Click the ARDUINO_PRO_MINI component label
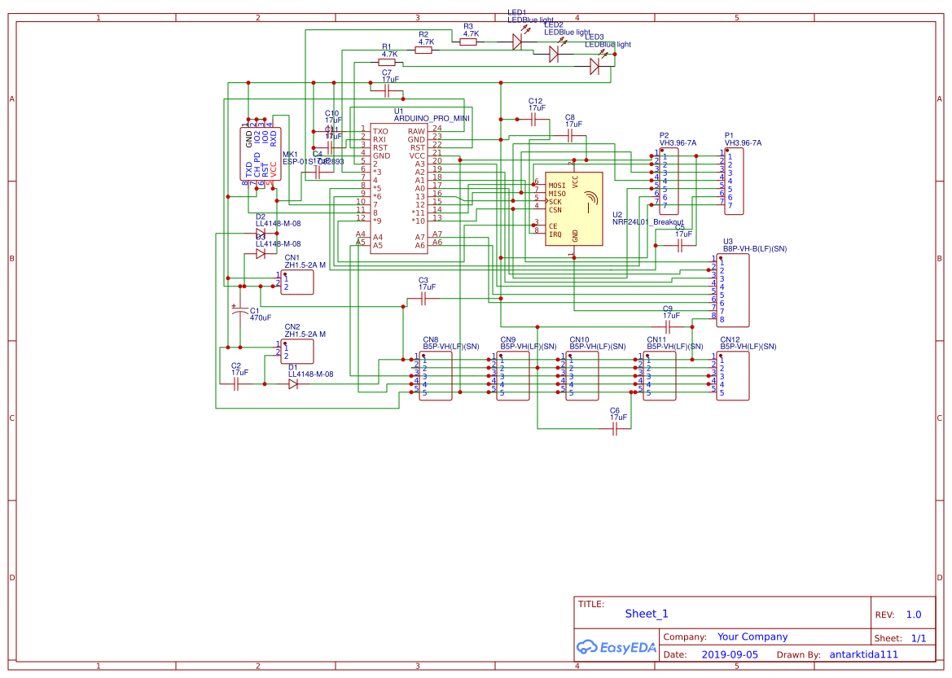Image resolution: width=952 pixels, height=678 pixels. (432, 118)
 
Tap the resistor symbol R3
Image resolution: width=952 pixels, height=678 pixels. (467, 42)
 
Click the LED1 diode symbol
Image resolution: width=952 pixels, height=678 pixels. (517, 42)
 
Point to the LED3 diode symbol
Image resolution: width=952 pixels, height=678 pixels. (594, 69)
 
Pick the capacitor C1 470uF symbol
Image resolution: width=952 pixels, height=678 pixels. (239, 312)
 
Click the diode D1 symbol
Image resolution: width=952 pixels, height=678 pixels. (293, 384)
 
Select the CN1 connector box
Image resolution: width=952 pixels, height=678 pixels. (297, 282)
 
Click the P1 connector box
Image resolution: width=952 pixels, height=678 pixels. (734, 181)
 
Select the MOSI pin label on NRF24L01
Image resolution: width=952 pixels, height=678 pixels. (557, 186)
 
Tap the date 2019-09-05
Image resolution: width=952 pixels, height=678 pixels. (730, 654)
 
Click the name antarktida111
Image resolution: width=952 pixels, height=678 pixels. (863, 654)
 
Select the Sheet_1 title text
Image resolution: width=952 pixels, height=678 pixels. (647, 614)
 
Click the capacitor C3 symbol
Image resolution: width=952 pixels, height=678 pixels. (423, 299)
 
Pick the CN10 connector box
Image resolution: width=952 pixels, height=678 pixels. (581, 376)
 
